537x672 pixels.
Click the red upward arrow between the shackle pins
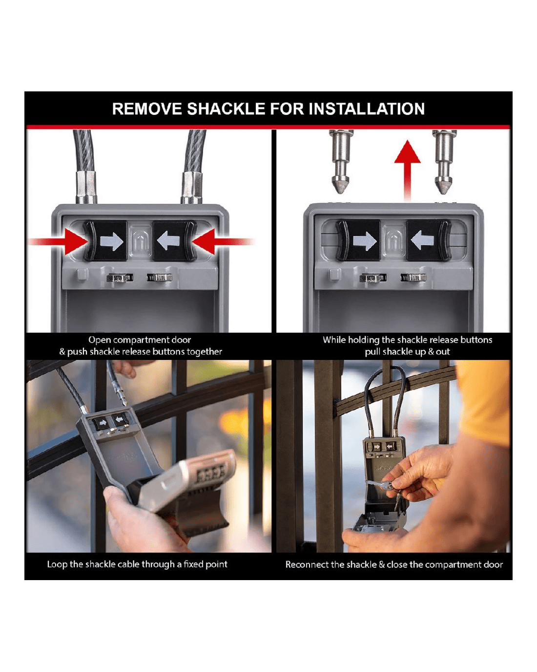407,171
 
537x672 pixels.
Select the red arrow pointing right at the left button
59,241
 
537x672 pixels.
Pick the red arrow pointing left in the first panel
223,241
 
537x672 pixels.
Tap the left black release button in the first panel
106,241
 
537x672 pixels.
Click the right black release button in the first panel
174,241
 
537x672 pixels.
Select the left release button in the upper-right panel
358,240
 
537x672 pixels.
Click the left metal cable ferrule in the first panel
86,187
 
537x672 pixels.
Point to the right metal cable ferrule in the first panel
192,187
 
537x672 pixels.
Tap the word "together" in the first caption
205,351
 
